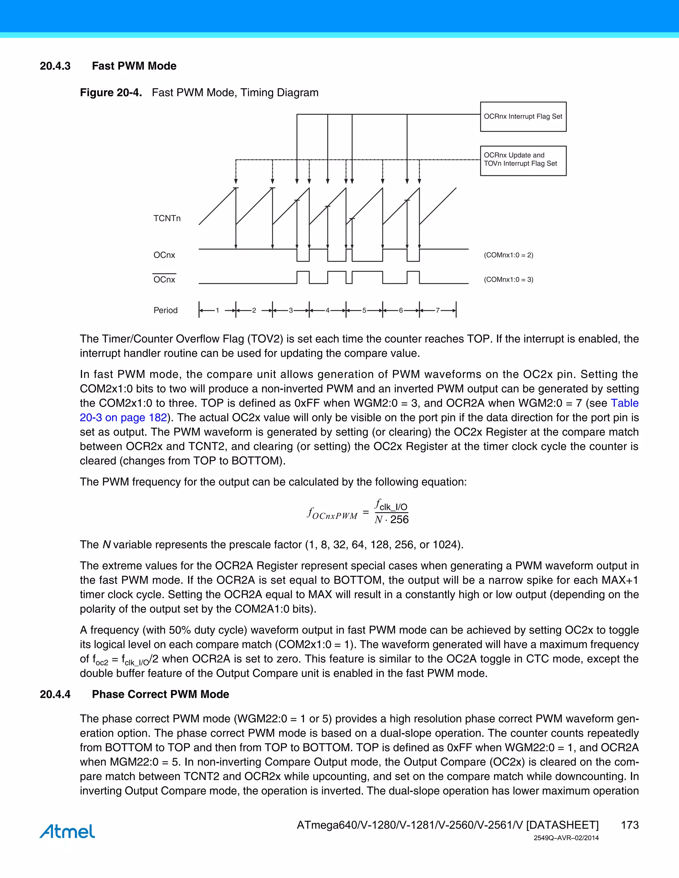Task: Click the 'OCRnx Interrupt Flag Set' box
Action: [x=523, y=117]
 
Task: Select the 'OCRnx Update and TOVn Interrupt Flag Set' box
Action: [x=523, y=160]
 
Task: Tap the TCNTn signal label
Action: [x=167, y=218]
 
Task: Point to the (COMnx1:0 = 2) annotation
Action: [x=509, y=255]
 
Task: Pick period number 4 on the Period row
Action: [x=328, y=310]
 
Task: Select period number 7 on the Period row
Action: [x=438, y=310]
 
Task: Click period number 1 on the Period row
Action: [x=217, y=310]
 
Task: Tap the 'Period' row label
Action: [x=165, y=310]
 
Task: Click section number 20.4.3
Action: [x=55, y=66]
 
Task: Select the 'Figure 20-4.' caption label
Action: [x=111, y=93]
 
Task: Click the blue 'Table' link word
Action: [x=624, y=403]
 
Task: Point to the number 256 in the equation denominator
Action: [x=399, y=520]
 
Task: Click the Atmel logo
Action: [x=67, y=831]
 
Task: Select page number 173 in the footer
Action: [x=630, y=825]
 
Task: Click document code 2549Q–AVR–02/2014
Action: [x=566, y=838]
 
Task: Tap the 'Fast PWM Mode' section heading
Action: [x=134, y=66]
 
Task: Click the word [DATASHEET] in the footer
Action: [x=562, y=825]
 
